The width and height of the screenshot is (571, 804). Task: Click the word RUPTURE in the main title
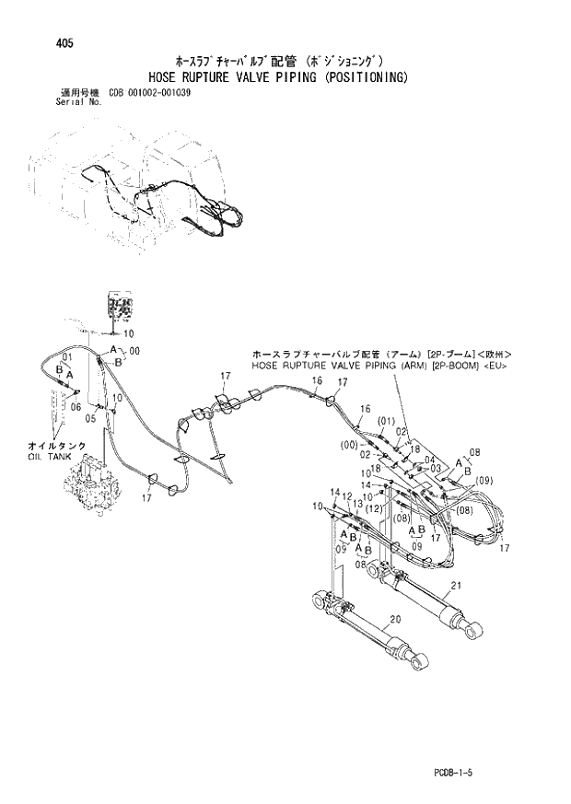tap(216, 79)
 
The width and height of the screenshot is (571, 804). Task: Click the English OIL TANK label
tap(48, 457)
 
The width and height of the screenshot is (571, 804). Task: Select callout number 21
tap(457, 586)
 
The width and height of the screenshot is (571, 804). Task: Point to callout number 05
tap(90, 418)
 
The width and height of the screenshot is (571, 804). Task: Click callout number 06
tap(76, 407)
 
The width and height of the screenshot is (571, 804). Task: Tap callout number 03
tap(437, 468)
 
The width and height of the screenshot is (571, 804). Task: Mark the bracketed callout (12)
tap(373, 507)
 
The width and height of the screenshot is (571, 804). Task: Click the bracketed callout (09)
tap(485, 479)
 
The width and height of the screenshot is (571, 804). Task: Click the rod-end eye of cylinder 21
tap(475, 631)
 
